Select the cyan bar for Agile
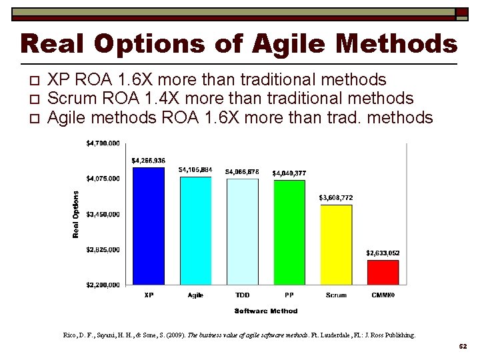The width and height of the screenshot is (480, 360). pyautogui.click(x=195, y=231)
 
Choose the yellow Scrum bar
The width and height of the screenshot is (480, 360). pyautogui.click(x=336, y=245)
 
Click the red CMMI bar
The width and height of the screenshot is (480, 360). pyautogui.click(x=383, y=272)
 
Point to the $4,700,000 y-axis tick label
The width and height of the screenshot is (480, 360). pyautogui.click(x=103, y=143)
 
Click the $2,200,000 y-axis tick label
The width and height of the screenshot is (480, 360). pyautogui.click(x=103, y=285)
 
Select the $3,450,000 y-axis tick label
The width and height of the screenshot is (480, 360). pyautogui.click(x=103, y=214)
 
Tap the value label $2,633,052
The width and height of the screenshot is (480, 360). pyautogui.click(x=383, y=253)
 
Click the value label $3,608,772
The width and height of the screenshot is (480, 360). pyautogui.click(x=336, y=197)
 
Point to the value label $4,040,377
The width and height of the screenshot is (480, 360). pyautogui.click(x=289, y=173)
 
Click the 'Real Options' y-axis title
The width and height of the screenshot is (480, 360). pyautogui.click(x=76, y=214)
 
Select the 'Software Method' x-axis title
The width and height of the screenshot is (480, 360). pyautogui.click(x=266, y=311)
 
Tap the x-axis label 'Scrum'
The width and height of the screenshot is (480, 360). pyautogui.click(x=336, y=295)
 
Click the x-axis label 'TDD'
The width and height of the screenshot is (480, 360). pyautogui.click(x=242, y=295)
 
